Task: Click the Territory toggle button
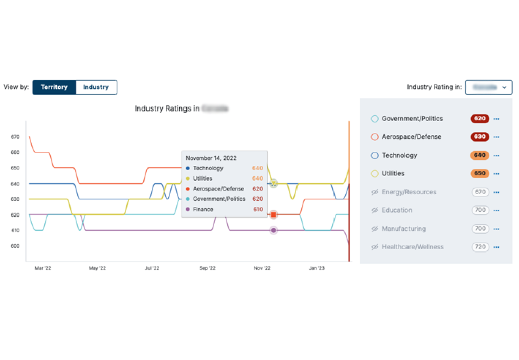pos(54,87)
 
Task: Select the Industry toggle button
pos(96,87)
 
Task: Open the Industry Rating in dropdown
pos(489,87)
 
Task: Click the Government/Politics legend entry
pos(412,119)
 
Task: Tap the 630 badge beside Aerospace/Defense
pos(479,137)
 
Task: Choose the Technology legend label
pos(399,155)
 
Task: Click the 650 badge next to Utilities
pos(479,173)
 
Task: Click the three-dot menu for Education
pos(496,210)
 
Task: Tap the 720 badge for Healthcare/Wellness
pos(479,247)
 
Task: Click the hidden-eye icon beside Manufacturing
pos(375,229)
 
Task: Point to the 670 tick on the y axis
pos(15,137)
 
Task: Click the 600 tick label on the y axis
pos(15,246)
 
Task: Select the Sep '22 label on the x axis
pos(207,268)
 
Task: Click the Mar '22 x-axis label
pos(43,268)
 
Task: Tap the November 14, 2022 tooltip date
pos(211,158)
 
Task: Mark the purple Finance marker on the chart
pos(274,230)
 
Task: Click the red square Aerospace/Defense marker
pos(274,214)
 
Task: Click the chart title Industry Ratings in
pos(167,109)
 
